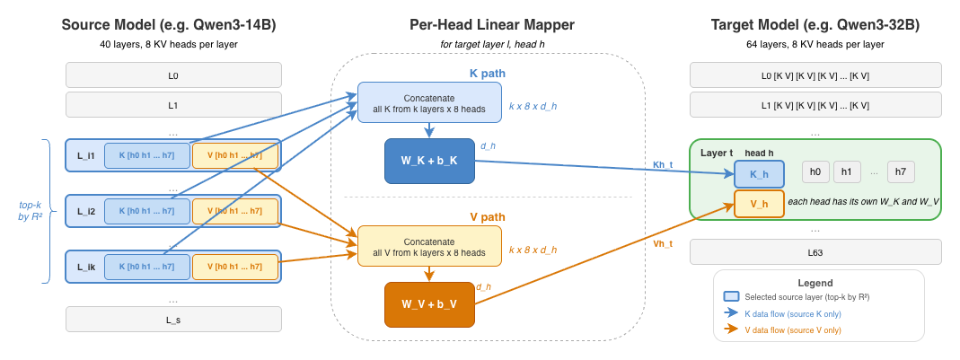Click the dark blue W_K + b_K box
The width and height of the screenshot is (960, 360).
[430, 161]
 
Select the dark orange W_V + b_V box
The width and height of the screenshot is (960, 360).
[430, 305]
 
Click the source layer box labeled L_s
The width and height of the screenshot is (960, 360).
[174, 320]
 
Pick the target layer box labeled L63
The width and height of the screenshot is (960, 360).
[815, 251]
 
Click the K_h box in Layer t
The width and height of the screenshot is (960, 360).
[759, 173]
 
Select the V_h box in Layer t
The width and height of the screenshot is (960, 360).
[759, 203]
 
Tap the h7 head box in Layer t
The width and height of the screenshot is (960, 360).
[901, 172]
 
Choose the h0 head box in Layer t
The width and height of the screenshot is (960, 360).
[815, 172]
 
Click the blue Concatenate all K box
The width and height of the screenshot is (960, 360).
[429, 102]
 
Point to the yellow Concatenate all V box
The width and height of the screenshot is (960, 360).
[429, 246]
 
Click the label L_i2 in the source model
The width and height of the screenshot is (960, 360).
[86, 211]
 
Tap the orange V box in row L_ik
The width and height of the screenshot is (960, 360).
[235, 267]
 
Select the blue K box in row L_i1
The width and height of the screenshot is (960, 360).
[147, 155]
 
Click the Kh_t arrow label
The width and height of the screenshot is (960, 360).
[663, 164]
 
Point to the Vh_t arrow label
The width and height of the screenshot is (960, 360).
[663, 243]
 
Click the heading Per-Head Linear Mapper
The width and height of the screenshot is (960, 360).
[492, 25]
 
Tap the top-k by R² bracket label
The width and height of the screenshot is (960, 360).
[30, 211]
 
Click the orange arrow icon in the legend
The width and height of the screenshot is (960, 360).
[732, 329]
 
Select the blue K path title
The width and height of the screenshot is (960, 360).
[488, 75]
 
